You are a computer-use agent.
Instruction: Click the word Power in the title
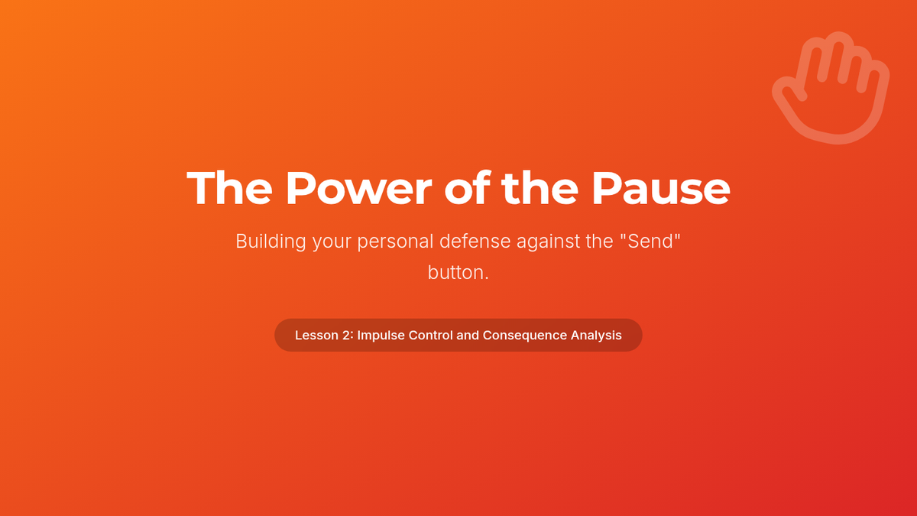click(358, 188)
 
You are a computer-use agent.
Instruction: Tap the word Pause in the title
click(661, 188)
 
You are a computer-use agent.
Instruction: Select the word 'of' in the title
click(468, 187)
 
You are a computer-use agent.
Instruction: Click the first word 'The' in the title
click(229, 187)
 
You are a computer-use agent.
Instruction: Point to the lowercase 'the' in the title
click(540, 187)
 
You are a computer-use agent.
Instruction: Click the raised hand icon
click(831, 88)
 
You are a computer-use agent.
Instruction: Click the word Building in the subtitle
click(271, 242)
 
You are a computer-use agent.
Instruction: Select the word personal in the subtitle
click(395, 242)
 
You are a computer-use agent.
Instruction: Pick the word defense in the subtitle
click(475, 242)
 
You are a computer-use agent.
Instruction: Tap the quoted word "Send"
click(650, 241)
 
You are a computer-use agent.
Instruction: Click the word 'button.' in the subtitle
click(458, 272)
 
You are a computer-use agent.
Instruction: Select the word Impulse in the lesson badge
click(381, 336)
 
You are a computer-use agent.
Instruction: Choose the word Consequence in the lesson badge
click(525, 336)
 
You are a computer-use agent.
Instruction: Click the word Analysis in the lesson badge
click(596, 336)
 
